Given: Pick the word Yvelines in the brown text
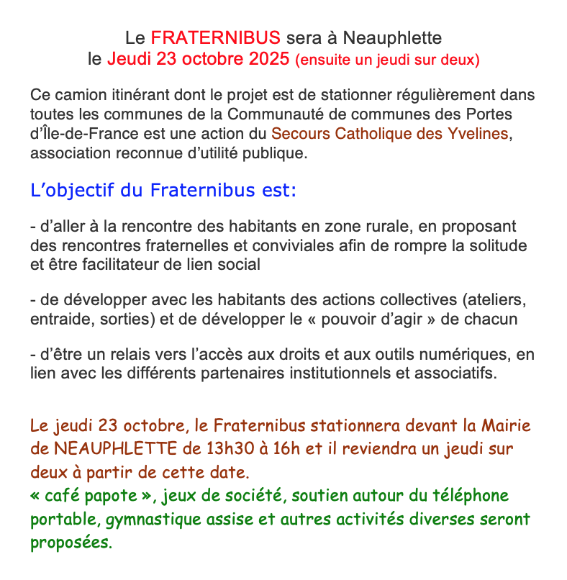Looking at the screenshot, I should [474, 134].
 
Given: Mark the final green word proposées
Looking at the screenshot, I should [71, 542].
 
